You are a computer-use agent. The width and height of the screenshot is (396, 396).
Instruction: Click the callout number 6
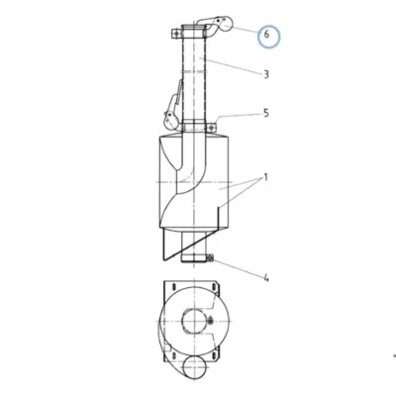click(266, 34)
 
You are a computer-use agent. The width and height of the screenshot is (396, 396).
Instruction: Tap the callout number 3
click(266, 74)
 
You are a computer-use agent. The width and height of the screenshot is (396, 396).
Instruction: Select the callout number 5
click(266, 113)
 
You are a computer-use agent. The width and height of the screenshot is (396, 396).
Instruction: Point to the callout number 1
click(265, 178)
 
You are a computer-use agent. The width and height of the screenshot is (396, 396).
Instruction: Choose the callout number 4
click(266, 278)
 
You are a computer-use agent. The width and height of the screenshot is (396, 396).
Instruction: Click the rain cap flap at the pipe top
click(220, 25)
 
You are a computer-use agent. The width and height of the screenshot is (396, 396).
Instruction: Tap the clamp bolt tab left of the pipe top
click(176, 34)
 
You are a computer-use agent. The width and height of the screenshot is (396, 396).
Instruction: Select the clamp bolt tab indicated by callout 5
click(211, 127)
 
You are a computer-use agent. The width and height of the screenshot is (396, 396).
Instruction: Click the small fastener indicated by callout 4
click(210, 258)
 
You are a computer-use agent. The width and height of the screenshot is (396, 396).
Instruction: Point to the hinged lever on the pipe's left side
click(172, 107)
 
